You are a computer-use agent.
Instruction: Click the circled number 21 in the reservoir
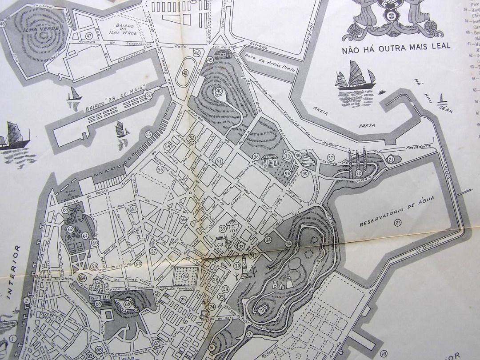tap(398, 222)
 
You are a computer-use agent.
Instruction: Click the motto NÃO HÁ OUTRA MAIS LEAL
tap(396, 46)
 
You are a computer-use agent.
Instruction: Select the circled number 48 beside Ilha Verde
tap(4, 24)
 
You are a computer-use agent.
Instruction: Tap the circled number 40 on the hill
tap(219, 91)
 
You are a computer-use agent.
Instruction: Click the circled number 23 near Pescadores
tap(391, 160)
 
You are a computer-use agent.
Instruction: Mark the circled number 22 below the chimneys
tap(358, 173)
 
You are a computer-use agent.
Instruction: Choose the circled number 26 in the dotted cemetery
tap(185, 276)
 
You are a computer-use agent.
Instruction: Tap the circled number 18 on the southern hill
tap(261, 309)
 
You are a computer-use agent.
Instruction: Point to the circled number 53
tap(148, 134)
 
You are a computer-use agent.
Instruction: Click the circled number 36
tap(256, 156)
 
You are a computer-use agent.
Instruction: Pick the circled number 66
tap(128, 304)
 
